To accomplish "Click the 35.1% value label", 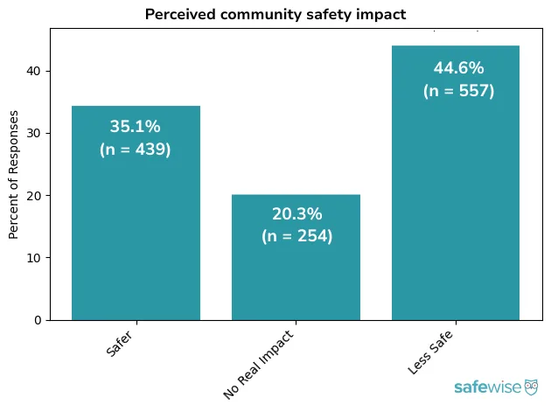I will (136, 127).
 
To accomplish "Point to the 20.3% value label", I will (296, 214).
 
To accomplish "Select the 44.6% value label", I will (458, 68).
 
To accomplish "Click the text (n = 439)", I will (136, 150).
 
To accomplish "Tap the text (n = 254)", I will (296, 236).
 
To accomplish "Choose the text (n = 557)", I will (458, 91).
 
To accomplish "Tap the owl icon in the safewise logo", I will (531, 387).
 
